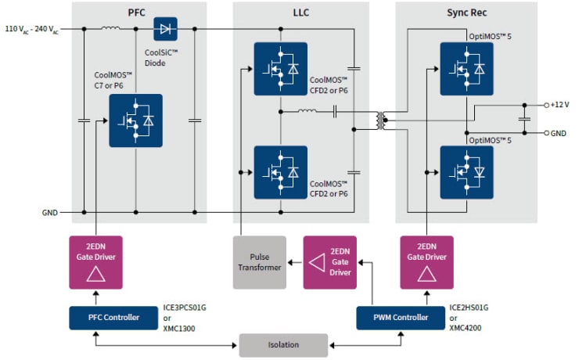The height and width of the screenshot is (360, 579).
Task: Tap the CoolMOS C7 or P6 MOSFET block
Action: coord(135,121)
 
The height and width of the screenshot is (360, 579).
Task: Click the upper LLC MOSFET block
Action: coord(280,69)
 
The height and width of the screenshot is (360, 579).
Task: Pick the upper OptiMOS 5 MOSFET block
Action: coord(466,69)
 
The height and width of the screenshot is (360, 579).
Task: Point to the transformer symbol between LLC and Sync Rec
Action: coord(381,118)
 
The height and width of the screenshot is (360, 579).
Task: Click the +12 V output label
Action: coord(559,104)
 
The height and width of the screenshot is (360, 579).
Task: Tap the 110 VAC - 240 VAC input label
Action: coord(31,29)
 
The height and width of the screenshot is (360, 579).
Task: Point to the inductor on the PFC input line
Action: coord(110,29)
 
